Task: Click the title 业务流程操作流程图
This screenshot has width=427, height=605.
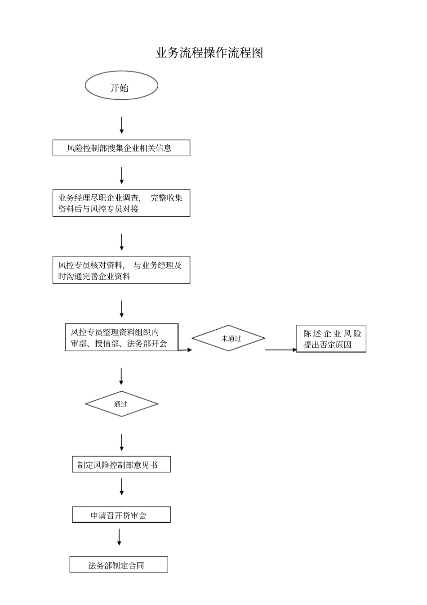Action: click(x=209, y=53)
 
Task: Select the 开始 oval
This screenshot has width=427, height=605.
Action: click(x=121, y=85)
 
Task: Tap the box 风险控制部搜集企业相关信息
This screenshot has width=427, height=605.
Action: click(x=121, y=148)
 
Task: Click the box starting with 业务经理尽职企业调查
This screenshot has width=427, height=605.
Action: click(x=121, y=203)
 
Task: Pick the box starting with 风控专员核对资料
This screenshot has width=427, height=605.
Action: click(x=121, y=270)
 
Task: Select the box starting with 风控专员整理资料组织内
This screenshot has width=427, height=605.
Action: click(x=121, y=338)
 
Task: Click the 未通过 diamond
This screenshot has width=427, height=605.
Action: click(x=228, y=338)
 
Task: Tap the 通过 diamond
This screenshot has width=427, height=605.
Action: click(x=121, y=404)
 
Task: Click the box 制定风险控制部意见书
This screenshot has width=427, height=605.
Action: click(x=121, y=465)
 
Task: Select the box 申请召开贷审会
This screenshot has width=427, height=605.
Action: click(x=121, y=515)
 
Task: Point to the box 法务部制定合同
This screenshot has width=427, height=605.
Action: click(x=119, y=565)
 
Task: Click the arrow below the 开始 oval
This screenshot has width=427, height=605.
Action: click(x=121, y=125)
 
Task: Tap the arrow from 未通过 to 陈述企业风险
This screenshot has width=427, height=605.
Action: click(x=280, y=350)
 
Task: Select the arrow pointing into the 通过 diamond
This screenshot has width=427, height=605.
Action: click(x=121, y=376)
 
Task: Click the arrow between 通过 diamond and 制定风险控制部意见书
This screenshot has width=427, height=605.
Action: click(x=121, y=443)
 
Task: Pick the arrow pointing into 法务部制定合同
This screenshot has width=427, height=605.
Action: click(x=119, y=537)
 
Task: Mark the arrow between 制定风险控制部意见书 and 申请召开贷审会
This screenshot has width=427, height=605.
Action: click(x=121, y=487)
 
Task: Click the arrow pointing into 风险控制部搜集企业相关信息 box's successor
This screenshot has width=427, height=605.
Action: click(x=121, y=175)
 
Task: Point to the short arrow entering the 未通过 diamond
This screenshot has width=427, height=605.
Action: click(x=185, y=350)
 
